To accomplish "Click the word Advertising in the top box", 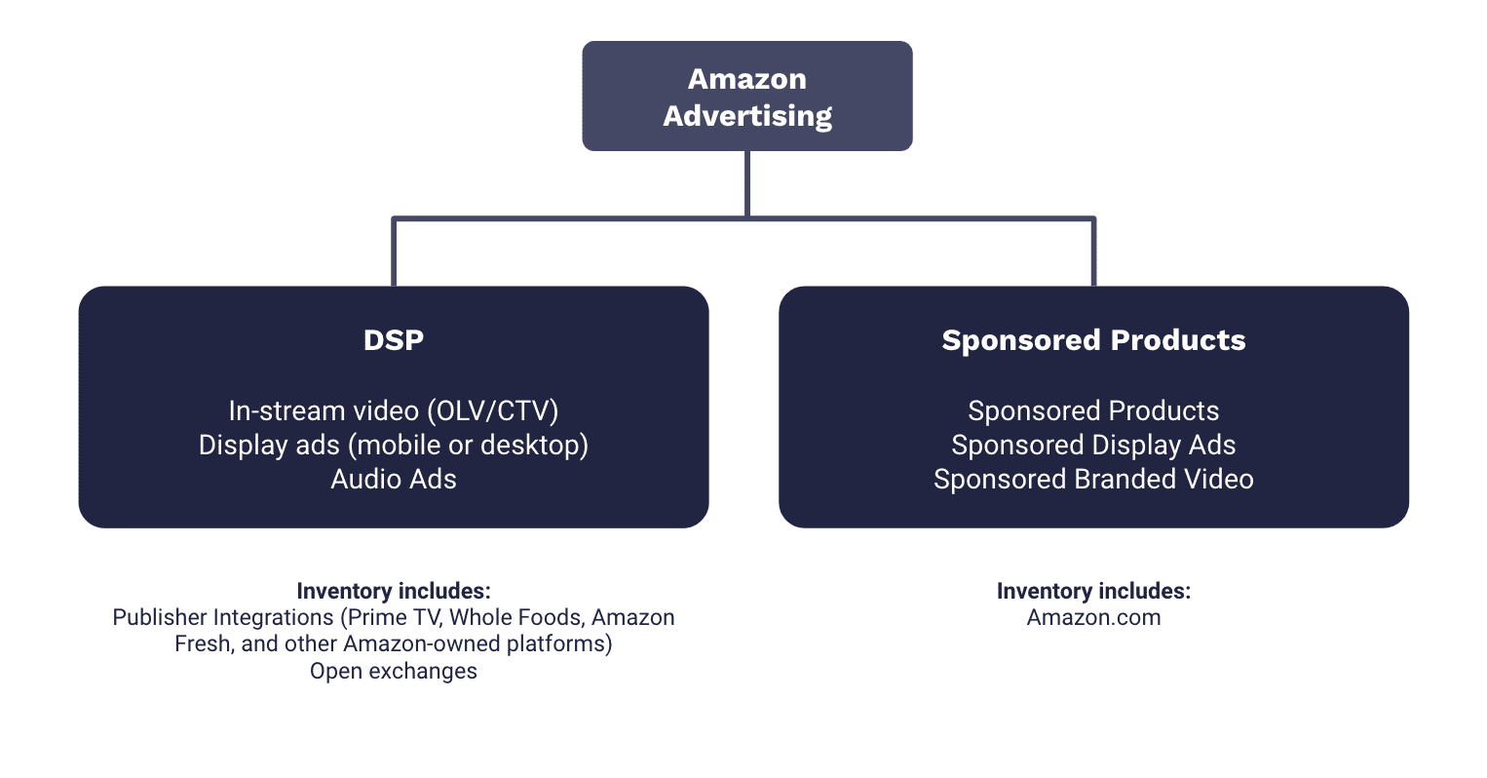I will pyautogui.click(x=747, y=116).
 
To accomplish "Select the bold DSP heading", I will pyautogui.click(x=393, y=340).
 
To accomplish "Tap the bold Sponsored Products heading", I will pyautogui.click(x=1093, y=340).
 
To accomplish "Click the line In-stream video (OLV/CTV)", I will pyautogui.click(x=393, y=410).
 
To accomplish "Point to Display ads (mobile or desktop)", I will pyautogui.click(x=393, y=445).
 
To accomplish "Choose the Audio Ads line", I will pyautogui.click(x=393, y=479).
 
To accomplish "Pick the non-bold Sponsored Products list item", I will pyautogui.click(x=1093, y=410).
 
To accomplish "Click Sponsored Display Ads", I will pyautogui.click(x=1093, y=445).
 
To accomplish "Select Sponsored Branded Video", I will pyautogui.click(x=1093, y=479).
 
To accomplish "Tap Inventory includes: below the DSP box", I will pyautogui.click(x=393, y=591).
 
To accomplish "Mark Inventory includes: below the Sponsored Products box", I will pyautogui.click(x=1093, y=591).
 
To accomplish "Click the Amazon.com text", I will pyautogui.click(x=1093, y=617).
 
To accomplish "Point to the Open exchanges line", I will pyautogui.click(x=393, y=671).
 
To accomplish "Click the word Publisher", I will pyautogui.click(x=159, y=617).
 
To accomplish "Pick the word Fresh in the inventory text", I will pyautogui.click(x=203, y=644).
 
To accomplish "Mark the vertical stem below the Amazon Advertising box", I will pyautogui.click(x=747, y=183).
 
